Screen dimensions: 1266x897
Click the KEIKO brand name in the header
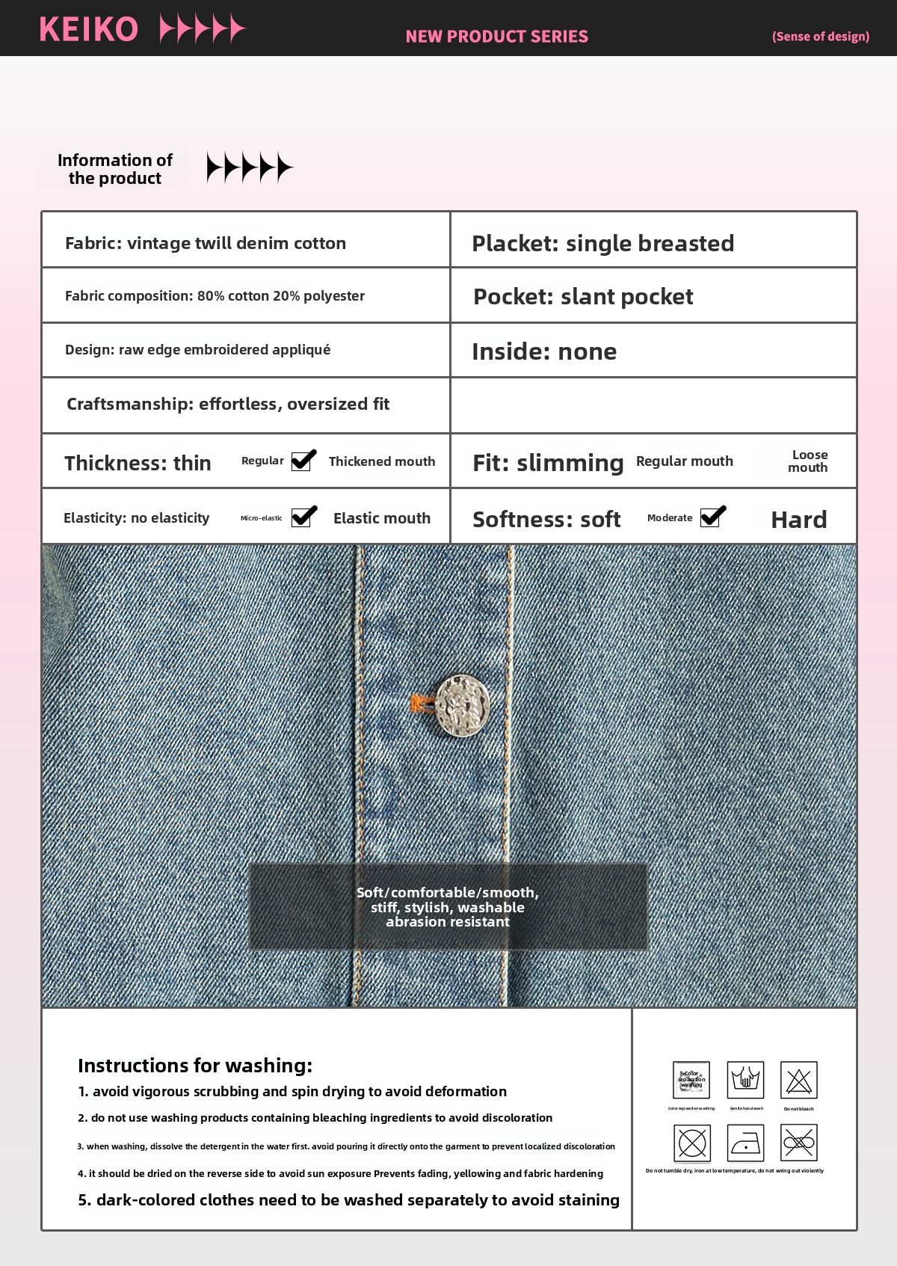tap(89, 30)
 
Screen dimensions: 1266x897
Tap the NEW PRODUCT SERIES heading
tap(496, 37)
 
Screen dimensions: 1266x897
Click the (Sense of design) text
tap(820, 37)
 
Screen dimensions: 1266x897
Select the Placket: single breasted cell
tap(602, 243)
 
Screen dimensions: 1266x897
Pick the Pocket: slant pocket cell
tap(583, 297)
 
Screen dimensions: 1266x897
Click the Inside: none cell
tap(544, 351)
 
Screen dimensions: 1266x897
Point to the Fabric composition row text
tap(215, 296)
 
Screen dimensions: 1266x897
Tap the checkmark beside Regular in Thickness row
tap(303, 461)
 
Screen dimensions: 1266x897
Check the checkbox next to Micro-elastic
tap(303, 517)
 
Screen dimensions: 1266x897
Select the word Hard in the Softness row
tap(798, 520)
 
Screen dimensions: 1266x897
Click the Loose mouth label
tap(809, 461)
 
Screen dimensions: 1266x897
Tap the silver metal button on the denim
tap(463, 705)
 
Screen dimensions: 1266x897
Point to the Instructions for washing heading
tap(195, 1066)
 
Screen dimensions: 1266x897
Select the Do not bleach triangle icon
tap(798, 1080)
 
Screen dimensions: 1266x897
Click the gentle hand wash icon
tap(745, 1080)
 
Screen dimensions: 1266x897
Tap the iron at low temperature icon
tap(745, 1143)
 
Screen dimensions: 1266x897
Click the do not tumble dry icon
tap(691, 1143)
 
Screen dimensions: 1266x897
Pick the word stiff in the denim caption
tap(383, 907)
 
